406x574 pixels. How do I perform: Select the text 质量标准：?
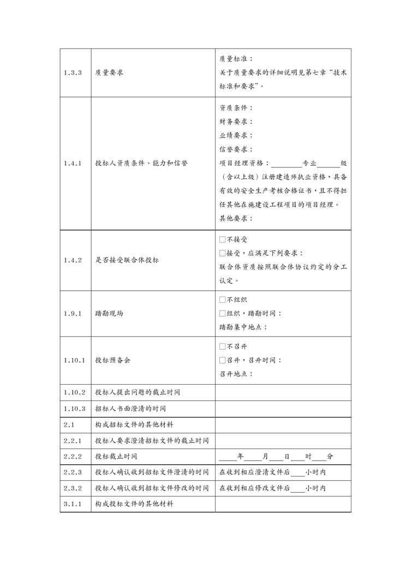click(x=236, y=58)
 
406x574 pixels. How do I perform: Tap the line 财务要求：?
click(x=236, y=121)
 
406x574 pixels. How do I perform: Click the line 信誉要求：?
click(x=236, y=149)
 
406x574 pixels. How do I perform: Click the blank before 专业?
click(x=285, y=163)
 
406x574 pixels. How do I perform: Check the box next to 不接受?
click(x=222, y=240)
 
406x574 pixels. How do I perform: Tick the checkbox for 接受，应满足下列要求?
click(x=222, y=253)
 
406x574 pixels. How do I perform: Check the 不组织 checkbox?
click(x=222, y=300)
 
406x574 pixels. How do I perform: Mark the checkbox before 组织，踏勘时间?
click(x=222, y=313)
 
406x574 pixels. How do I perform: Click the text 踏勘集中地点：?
click(x=243, y=327)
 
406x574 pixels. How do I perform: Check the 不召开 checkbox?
click(x=222, y=346)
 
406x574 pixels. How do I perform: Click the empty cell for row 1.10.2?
click(x=283, y=392)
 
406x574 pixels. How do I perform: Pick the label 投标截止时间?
click(x=116, y=456)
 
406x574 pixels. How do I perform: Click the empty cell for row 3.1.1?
click(x=283, y=504)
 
